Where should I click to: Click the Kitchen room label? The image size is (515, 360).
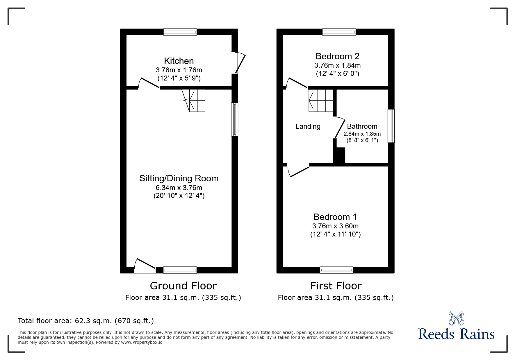click(179, 61)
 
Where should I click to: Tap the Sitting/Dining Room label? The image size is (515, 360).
click(179, 178)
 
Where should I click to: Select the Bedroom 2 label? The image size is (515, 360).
click(337, 56)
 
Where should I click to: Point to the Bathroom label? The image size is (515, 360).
click(362, 126)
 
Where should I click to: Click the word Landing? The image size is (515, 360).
click(308, 126)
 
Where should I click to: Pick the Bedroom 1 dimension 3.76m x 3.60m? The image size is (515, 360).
click(335, 226)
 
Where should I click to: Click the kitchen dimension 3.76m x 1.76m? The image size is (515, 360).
click(179, 70)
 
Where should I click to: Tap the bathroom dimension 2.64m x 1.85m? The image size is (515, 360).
click(362, 134)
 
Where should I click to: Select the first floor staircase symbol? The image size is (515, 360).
click(321, 101)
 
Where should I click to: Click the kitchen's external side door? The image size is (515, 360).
click(240, 63)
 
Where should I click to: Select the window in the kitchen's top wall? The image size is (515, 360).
click(180, 32)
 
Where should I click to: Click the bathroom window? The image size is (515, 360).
click(391, 126)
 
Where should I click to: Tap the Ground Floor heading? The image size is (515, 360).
click(183, 286)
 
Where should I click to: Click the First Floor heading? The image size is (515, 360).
click(336, 286)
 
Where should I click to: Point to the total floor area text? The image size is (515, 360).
click(86, 321)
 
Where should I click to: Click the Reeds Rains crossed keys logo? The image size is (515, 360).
click(456, 318)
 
